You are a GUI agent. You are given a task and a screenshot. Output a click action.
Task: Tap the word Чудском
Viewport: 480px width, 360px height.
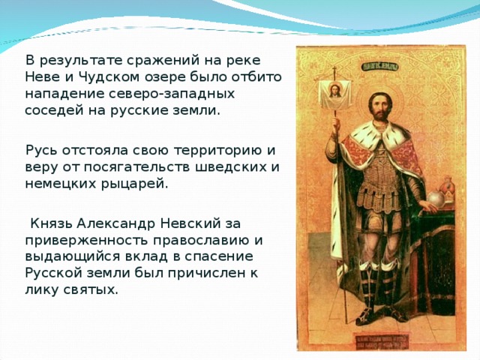coord(99,77)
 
